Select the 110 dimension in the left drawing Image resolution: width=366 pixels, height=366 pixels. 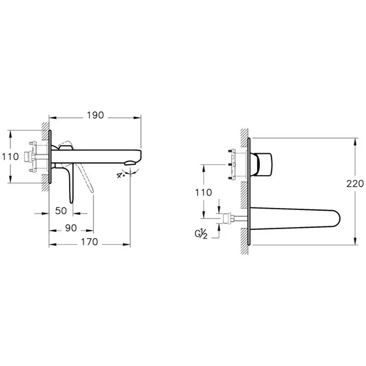(10, 157)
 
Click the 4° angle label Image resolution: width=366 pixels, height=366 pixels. (122, 176)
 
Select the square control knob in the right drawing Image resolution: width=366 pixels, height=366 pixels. (265, 163)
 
